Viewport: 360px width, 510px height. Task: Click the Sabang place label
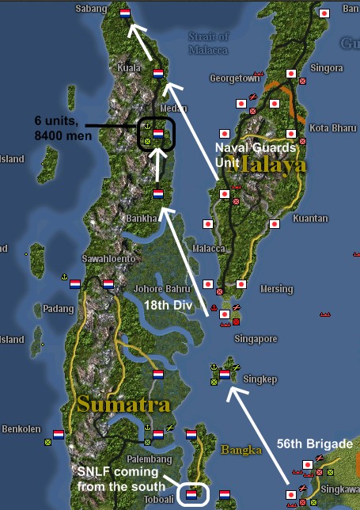90,8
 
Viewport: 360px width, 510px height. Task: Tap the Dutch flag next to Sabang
125,13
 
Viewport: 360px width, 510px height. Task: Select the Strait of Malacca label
209,43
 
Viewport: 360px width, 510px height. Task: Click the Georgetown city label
234,78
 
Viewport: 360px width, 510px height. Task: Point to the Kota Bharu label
329,127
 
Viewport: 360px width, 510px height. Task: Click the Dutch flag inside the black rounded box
158,133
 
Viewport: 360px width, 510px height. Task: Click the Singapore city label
256,338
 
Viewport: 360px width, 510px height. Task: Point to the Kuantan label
332,218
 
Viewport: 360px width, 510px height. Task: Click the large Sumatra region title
123,403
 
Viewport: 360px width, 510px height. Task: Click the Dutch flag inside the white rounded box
191,494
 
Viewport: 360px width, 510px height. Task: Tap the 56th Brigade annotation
320,444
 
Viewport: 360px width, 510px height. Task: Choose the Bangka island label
241,449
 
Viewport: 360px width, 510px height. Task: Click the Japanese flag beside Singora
291,74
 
